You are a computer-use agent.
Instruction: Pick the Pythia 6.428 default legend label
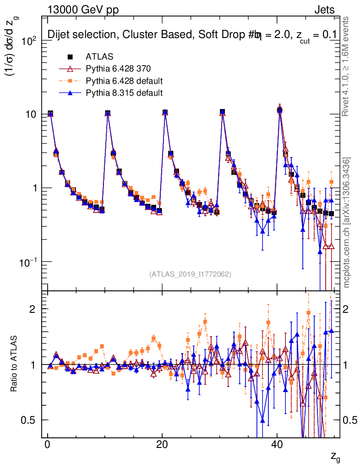click(124, 81)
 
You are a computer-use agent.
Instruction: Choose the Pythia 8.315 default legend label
click(124, 93)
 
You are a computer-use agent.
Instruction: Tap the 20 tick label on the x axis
click(162, 446)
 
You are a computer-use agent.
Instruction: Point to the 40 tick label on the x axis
click(276, 446)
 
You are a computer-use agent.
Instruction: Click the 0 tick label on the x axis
click(48, 446)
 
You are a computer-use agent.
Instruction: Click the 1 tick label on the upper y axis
click(36, 188)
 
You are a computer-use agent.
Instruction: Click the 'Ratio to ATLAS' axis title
click(15, 364)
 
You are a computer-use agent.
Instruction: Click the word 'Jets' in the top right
click(324, 9)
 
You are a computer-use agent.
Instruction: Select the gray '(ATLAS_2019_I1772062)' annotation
click(190, 274)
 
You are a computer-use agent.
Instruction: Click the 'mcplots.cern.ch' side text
click(347, 243)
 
